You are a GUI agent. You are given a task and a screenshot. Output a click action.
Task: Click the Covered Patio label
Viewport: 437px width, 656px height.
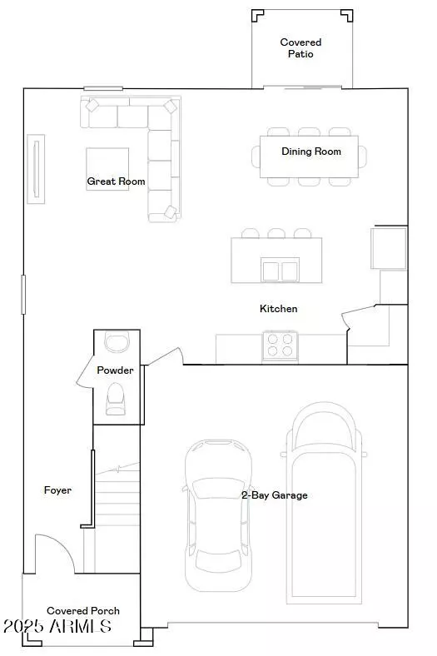tap(300, 48)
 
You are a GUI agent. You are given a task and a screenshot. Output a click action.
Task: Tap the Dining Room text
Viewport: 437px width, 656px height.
tap(311, 152)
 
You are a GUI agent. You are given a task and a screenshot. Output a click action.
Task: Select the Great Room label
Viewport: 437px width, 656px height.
tap(116, 181)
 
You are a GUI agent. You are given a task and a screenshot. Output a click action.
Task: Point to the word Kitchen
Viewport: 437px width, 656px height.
tap(279, 309)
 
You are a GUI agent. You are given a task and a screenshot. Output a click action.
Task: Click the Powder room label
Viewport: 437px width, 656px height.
tap(115, 370)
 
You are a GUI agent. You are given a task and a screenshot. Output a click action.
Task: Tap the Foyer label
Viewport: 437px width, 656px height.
tap(57, 490)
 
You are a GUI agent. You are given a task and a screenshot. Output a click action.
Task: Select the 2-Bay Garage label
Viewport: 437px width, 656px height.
tap(275, 495)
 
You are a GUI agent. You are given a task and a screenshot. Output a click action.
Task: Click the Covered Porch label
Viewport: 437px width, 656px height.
tap(83, 611)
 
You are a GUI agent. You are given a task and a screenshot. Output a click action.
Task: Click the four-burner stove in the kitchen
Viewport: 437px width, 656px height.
tap(281, 345)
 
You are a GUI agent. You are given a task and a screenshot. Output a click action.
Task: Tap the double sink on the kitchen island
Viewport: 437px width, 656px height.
tap(280, 270)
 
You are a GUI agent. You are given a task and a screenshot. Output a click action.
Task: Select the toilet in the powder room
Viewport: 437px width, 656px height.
tap(116, 399)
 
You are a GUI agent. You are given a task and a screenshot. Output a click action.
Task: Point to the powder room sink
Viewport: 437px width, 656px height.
tap(117, 342)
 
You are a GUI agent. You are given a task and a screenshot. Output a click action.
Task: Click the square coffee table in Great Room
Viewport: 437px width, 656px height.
tap(107, 169)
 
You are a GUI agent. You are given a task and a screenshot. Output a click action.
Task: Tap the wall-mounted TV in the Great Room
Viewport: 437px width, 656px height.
tap(36, 169)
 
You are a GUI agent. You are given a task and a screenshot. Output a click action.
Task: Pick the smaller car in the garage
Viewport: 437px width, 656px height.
tap(218, 515)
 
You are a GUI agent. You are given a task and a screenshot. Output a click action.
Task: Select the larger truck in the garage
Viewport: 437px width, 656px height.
tap(324, 503)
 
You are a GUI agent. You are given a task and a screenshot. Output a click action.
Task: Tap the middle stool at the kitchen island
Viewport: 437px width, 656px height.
tap(276, 233)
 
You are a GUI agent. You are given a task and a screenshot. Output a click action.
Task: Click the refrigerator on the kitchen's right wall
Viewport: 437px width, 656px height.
tap(389, 248)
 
